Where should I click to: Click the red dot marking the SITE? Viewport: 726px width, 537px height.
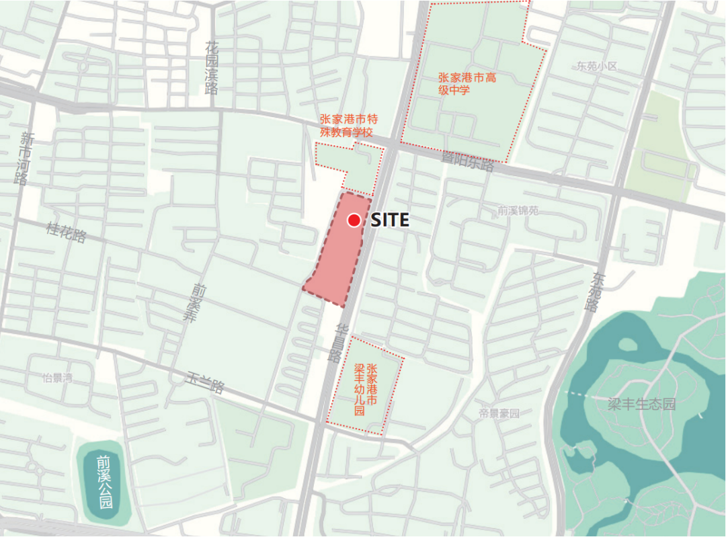click(x=354, y=220)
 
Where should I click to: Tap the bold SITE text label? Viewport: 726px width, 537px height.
click(x=390, y=220)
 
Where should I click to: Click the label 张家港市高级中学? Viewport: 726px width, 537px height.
click(x=467, y=83)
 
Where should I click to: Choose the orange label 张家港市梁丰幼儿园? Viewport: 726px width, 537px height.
click(x=366, y=390)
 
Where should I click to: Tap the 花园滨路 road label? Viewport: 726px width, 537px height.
click(x=212, y=68)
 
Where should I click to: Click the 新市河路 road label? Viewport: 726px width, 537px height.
click(x=24, y=158)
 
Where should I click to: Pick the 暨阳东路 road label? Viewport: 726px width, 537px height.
click(x=467, y=161)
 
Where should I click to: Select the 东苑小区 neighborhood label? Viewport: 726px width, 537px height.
click(x=596, y=67)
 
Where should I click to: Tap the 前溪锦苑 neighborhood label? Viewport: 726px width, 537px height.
click(x=518, y=210)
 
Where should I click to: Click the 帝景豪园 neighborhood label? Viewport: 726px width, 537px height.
click(x=499, y=413)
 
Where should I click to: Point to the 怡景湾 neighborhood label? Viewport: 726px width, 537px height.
click(x=56, y=378)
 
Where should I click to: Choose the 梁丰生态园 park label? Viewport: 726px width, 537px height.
click(x=641, y=405)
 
